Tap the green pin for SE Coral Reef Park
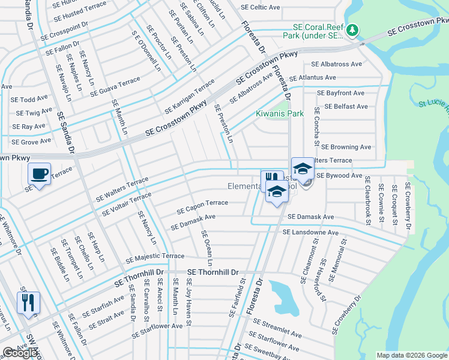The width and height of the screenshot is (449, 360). [x=354, y=29]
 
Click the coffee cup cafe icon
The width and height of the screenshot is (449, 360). [x=40, y=173]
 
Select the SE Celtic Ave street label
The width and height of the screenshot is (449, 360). [x=261, y=7]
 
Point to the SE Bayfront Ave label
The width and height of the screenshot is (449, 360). [x=341, y=93]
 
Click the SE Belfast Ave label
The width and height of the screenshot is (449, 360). [x=346, y=106]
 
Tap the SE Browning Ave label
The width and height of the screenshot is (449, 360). [x=346, y=146]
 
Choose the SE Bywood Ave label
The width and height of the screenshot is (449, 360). [x=339, y=176]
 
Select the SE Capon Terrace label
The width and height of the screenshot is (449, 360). [x=202, y=207]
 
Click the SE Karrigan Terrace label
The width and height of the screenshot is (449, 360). [x=190, y=96]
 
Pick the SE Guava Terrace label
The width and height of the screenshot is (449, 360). [x=115, y=86]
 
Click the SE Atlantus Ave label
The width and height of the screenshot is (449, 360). [x=313, y=78]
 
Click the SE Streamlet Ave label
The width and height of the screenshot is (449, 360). [x=277, y=329]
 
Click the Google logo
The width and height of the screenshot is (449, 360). [x=20, y=353]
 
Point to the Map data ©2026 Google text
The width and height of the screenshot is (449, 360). [x=412, y=355]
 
